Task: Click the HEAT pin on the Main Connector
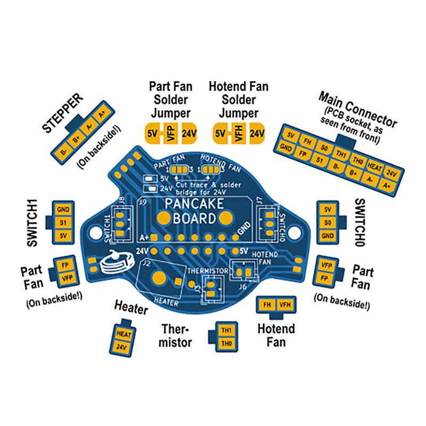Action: [375, 166]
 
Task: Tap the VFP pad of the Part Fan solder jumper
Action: [171, 133]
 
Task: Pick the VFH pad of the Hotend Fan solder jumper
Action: [238, 133]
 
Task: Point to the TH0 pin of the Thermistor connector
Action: [226, 343]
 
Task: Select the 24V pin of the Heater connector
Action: [123, 347]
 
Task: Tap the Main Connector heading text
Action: [357, 108]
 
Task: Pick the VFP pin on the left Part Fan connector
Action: [67, 278]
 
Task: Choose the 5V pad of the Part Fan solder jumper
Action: [152, 133]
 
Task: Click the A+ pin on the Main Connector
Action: [387, 186]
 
